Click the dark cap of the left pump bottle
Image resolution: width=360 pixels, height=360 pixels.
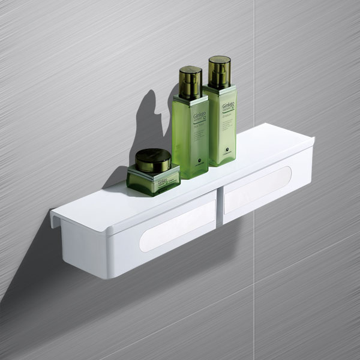[190, 82]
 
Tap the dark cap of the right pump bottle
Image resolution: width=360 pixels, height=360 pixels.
[219, 71]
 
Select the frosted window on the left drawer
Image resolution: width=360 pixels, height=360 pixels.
[178, 223]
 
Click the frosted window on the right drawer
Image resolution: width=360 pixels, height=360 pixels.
[257, 188]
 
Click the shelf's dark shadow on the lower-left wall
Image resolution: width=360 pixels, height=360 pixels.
[36, 252]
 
